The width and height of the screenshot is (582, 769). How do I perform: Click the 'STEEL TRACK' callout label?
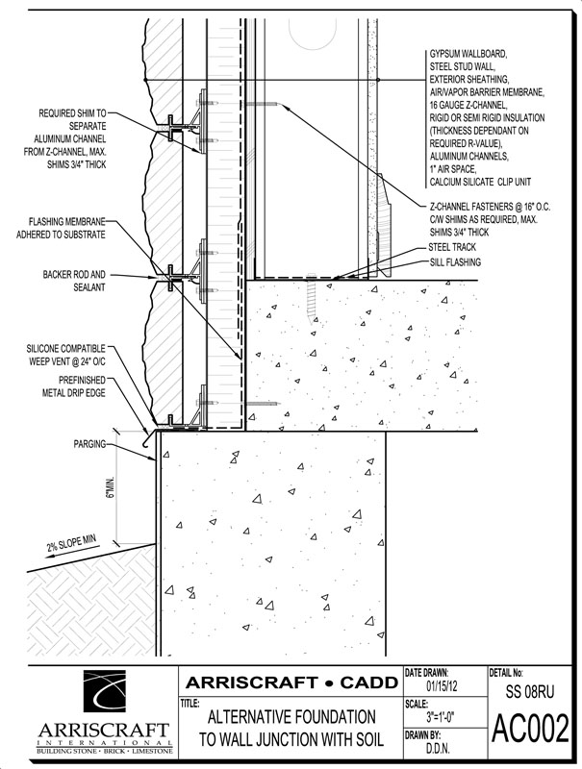click(454, 247)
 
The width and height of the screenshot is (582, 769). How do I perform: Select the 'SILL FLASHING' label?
click(455, 261)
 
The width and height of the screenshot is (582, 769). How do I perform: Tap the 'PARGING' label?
click(90, 446)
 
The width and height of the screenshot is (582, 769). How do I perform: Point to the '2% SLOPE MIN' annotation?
click(72, 547)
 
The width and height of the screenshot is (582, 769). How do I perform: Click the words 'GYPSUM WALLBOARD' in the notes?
click(466, 57)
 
